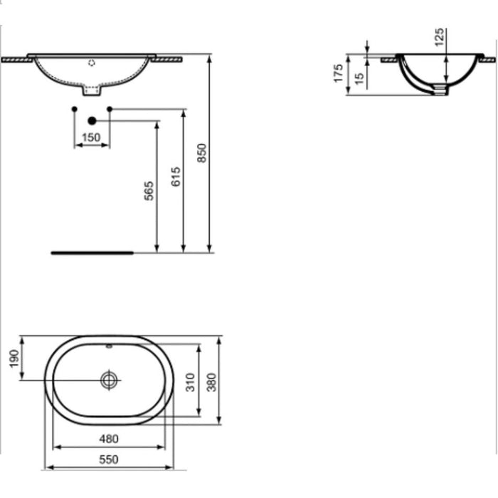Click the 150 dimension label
91,137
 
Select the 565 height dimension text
149,191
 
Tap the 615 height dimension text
176,176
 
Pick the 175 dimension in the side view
339,73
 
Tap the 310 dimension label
190,383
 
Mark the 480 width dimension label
109,438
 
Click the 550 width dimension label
109,460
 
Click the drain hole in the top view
109,380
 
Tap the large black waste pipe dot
92,122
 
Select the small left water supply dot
75,109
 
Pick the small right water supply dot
109,109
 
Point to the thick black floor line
92,252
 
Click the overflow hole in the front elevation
91,63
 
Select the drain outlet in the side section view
442,90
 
